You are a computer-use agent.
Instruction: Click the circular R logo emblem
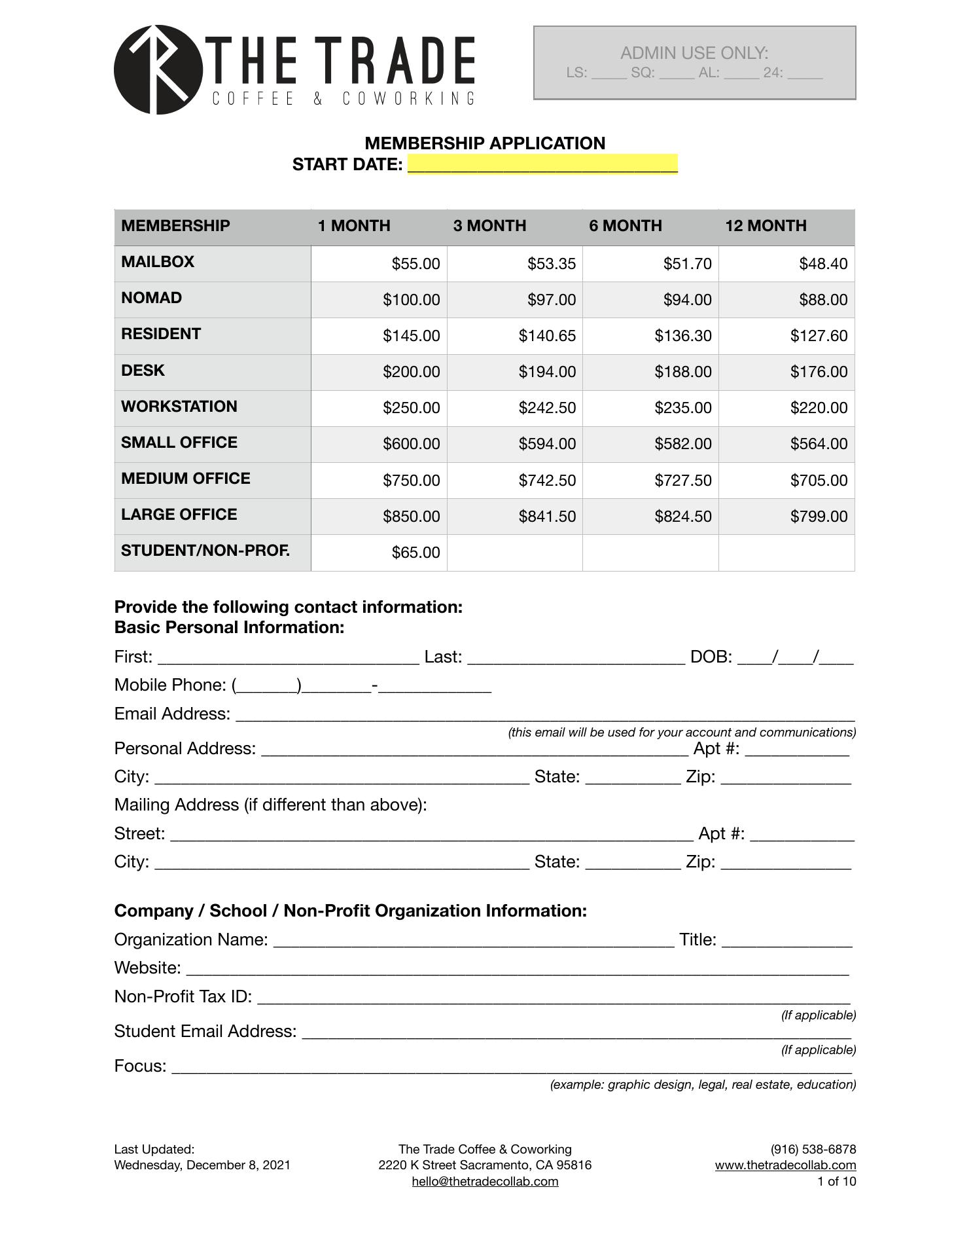pyautogui.click(x=158, y=69)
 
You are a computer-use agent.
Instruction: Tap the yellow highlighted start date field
pyautogui.click(x=542, y=164)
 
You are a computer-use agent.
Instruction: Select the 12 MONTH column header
pyautogui.click(x=766, y=226)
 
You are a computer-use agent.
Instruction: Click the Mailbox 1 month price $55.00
pyautogui.click(x=415, y=264)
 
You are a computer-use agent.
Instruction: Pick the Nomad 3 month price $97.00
pyautogui.click(x=552, y=300)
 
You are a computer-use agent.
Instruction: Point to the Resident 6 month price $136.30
pyautogui.click(x=682, y=336)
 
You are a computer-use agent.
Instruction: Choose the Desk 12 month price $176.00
pyautogui.click(x=819, y=372)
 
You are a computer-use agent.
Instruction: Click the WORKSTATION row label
pyautogui.click(x=179, y=407)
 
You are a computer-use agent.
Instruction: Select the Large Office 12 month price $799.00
pyautogui.click(x=819, y=517)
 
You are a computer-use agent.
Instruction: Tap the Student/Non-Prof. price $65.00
pyautogui.click(x=415, y=553)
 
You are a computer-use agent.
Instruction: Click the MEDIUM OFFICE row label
pyautogui.click(x=186, y=479)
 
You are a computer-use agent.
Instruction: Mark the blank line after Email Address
pyautogui.click(x=545, y=715)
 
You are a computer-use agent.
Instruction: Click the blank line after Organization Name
pyautogui.click(x=474, y=941)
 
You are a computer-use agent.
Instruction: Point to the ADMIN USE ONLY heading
pyautogui.click(x=694, y=53)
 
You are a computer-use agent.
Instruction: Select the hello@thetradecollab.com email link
pyautogui.click(x=485, y=1181)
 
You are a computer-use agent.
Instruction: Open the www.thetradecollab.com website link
pyautogui.click(x=785, y=1165)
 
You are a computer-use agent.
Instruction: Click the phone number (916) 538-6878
pyautogui.click(x=813, y=1149)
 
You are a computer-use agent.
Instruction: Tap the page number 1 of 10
pyautogui.click(x=836, y=1181)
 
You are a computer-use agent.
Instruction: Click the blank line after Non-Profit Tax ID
pyautogui.click(x=554, y=998)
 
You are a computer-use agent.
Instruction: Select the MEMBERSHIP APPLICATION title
pyautogui.click(x=485, y=143)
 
